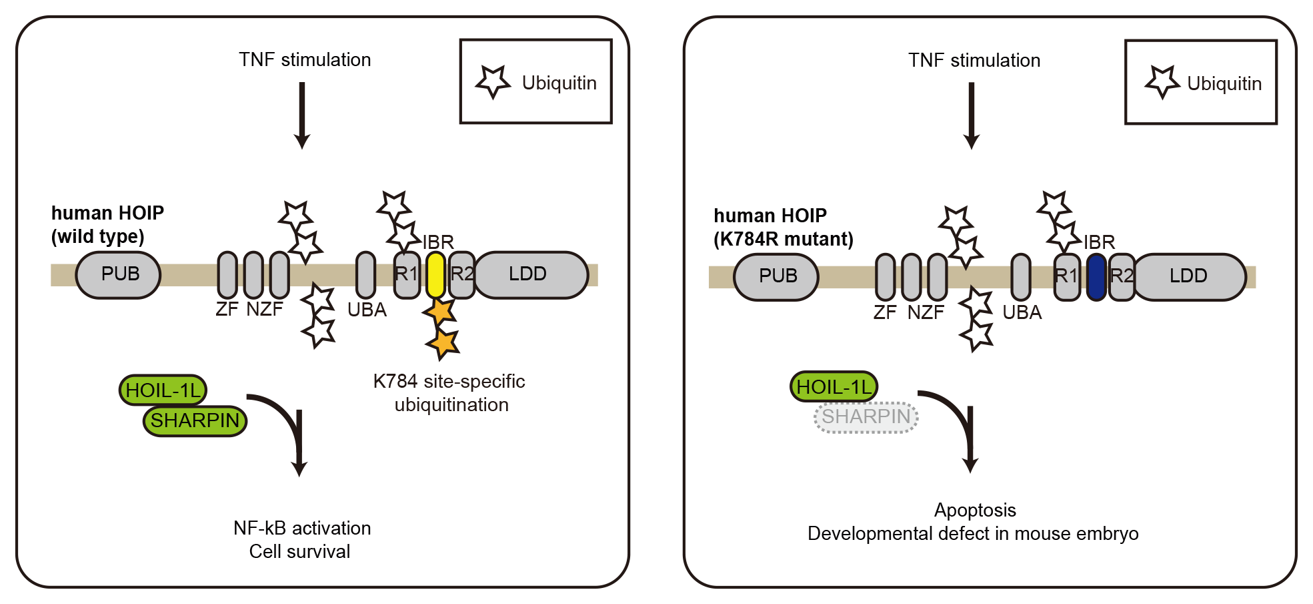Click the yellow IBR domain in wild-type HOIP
(435, 274)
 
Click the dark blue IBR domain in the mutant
(1096, 277)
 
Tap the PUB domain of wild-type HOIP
(119, 274)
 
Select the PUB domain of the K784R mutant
(777, 276)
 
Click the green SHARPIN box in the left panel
(195, 420)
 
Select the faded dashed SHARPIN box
(866, 417)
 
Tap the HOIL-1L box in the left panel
(163, 390)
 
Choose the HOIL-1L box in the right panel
(834, 387)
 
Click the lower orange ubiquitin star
(443, 344)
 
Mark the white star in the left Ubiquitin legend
(493, 81)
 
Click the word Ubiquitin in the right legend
(1224, 84)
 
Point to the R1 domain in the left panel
(406, 274)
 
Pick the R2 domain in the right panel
(1122, 276)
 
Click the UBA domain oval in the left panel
(365, 274)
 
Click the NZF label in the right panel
(926, 312)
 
